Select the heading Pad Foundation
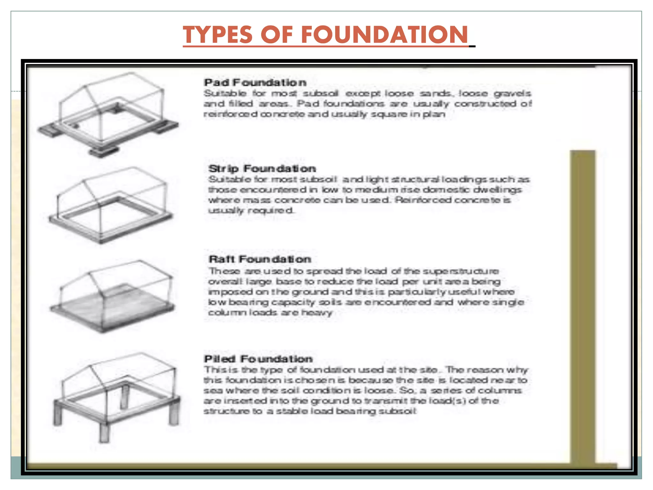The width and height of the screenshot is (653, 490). click(255, 83)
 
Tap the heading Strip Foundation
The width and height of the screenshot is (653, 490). click(262, 168)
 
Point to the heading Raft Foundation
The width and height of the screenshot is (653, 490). click(260, 259)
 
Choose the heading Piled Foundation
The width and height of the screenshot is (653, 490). click(258, 359)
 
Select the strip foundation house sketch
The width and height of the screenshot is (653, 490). click(110, 204)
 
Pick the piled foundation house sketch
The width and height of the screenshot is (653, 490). click(116, 396)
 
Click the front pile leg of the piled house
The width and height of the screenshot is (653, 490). click(104, 432)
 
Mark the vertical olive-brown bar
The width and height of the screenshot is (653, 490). click(582, 306)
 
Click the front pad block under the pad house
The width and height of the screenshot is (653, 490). click(104, 151)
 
